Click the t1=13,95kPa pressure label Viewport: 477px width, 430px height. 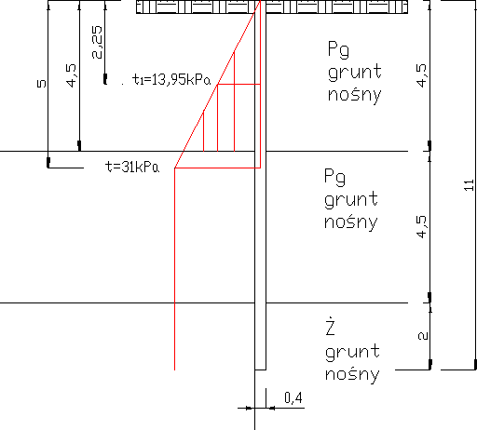(171, 79)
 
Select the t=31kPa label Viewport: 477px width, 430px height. (132, 167)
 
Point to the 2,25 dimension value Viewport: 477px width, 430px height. (97, 42)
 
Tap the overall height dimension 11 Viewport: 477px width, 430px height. (470, 185)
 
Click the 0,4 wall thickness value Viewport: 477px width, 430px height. (293, 397)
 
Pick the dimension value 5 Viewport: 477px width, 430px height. (42, 84)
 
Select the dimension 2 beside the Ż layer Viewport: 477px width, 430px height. (423, 336)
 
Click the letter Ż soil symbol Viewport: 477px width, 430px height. (330, 327)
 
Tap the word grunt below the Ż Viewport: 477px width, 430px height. (352, 353)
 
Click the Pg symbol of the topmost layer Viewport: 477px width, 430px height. (338, 49)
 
